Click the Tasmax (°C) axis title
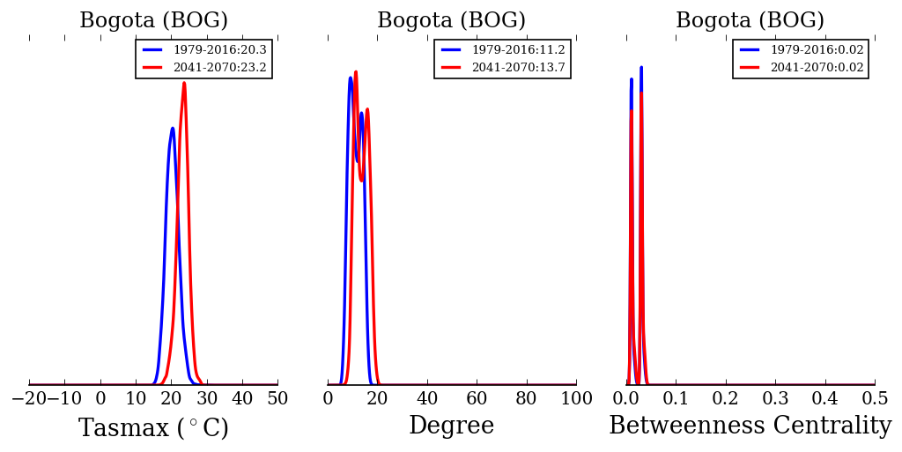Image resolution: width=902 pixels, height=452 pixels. point(153,428)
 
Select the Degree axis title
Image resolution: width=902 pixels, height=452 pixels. point(451,426)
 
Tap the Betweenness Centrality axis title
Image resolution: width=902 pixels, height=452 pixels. point(750,426)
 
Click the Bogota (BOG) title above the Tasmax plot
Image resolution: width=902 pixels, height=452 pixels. point(153,21)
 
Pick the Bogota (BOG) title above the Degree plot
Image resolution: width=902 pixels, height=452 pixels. point(451,21)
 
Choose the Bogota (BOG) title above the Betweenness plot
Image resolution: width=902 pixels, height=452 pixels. point(750,21)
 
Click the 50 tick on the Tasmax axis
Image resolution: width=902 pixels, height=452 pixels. point(277,398)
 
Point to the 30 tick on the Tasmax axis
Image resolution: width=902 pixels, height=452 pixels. point(206,398)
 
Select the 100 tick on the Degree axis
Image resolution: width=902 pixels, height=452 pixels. point(576,398)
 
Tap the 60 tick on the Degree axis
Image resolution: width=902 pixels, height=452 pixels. point(477,398)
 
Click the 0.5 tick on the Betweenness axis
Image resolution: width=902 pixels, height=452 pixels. point(874,398)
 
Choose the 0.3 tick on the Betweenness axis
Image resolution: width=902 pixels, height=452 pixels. point(775,398)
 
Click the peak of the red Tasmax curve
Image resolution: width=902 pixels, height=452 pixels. point(184,83)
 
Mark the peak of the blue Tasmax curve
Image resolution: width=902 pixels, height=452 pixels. point(173,128)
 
